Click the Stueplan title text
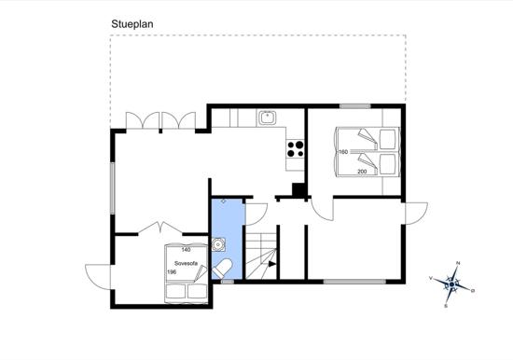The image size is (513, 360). click(x=132, y=24)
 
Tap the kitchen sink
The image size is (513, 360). click(x=268, y=118)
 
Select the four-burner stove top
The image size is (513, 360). click(x=295, y=149)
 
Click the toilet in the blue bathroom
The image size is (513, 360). click(x=222, y=269)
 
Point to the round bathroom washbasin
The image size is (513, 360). click(x=217, y=244)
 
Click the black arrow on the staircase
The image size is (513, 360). click(x=272, y=264)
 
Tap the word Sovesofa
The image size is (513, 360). click(x=186, y=263)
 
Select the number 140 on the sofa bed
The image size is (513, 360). click(x=186, y=250)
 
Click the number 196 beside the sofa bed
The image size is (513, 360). click(x=172, y=272)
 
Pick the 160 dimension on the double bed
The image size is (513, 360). click(x=343, y=152)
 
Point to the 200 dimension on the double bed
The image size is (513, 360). click(x=362, y=172)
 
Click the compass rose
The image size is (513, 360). click(x=451, y=284)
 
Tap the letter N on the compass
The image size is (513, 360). click(x=458, y=263)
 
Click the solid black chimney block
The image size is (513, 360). click(x=298, y=190)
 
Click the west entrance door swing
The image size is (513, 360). click(x=98, y=277)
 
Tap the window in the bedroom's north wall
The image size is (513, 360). click(x=355, y=106)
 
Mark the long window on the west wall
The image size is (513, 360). click(x=112, y=188)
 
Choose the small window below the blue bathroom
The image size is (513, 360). click(x=228, y=282)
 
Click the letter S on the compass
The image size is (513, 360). click(x=446, y=306)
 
